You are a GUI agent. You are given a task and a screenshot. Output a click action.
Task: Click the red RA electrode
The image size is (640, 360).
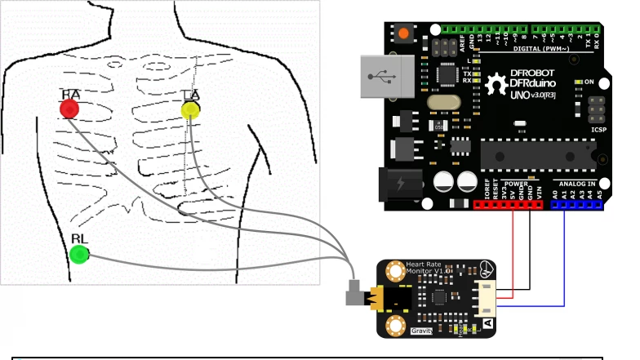coord(69,108)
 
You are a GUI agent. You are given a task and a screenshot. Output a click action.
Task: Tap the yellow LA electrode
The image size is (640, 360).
coord(189,110)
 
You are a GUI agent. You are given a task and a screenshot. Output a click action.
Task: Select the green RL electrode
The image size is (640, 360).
coord(79,254)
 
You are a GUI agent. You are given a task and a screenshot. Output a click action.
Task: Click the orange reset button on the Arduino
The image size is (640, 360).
coord(403,35)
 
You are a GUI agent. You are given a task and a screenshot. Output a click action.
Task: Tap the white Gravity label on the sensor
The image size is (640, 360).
coord(421,331)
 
